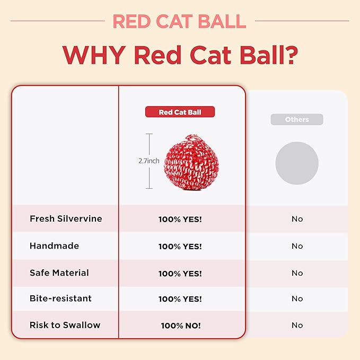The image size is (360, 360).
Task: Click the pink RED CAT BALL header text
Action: [x=180, y=21]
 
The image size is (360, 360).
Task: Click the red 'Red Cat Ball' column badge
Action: [x=180, y=112]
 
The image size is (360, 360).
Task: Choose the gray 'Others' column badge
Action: [x=297, y=119]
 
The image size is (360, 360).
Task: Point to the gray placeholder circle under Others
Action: [x=297, y=163]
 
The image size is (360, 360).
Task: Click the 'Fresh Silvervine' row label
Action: [x=66, y=218]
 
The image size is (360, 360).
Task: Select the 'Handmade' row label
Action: [x=54, y=246]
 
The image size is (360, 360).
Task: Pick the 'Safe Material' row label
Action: [x=59, y=273]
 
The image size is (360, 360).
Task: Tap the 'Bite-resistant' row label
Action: [x=60, y=298]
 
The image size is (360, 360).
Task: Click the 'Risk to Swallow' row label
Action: [x=65, y=325]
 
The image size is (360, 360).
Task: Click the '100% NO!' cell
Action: [x=181, y=326]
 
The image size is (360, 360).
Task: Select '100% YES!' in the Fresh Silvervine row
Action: [x=180, y=219]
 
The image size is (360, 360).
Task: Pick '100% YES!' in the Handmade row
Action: [x=180, y=247]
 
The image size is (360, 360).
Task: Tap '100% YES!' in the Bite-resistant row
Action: [x=180, y=299]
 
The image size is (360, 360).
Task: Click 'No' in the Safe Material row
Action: [x=297, y=273]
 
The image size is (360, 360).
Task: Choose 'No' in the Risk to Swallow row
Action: [x=297, y=326]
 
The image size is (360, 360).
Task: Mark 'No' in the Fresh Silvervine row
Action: [x=297, y=219]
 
